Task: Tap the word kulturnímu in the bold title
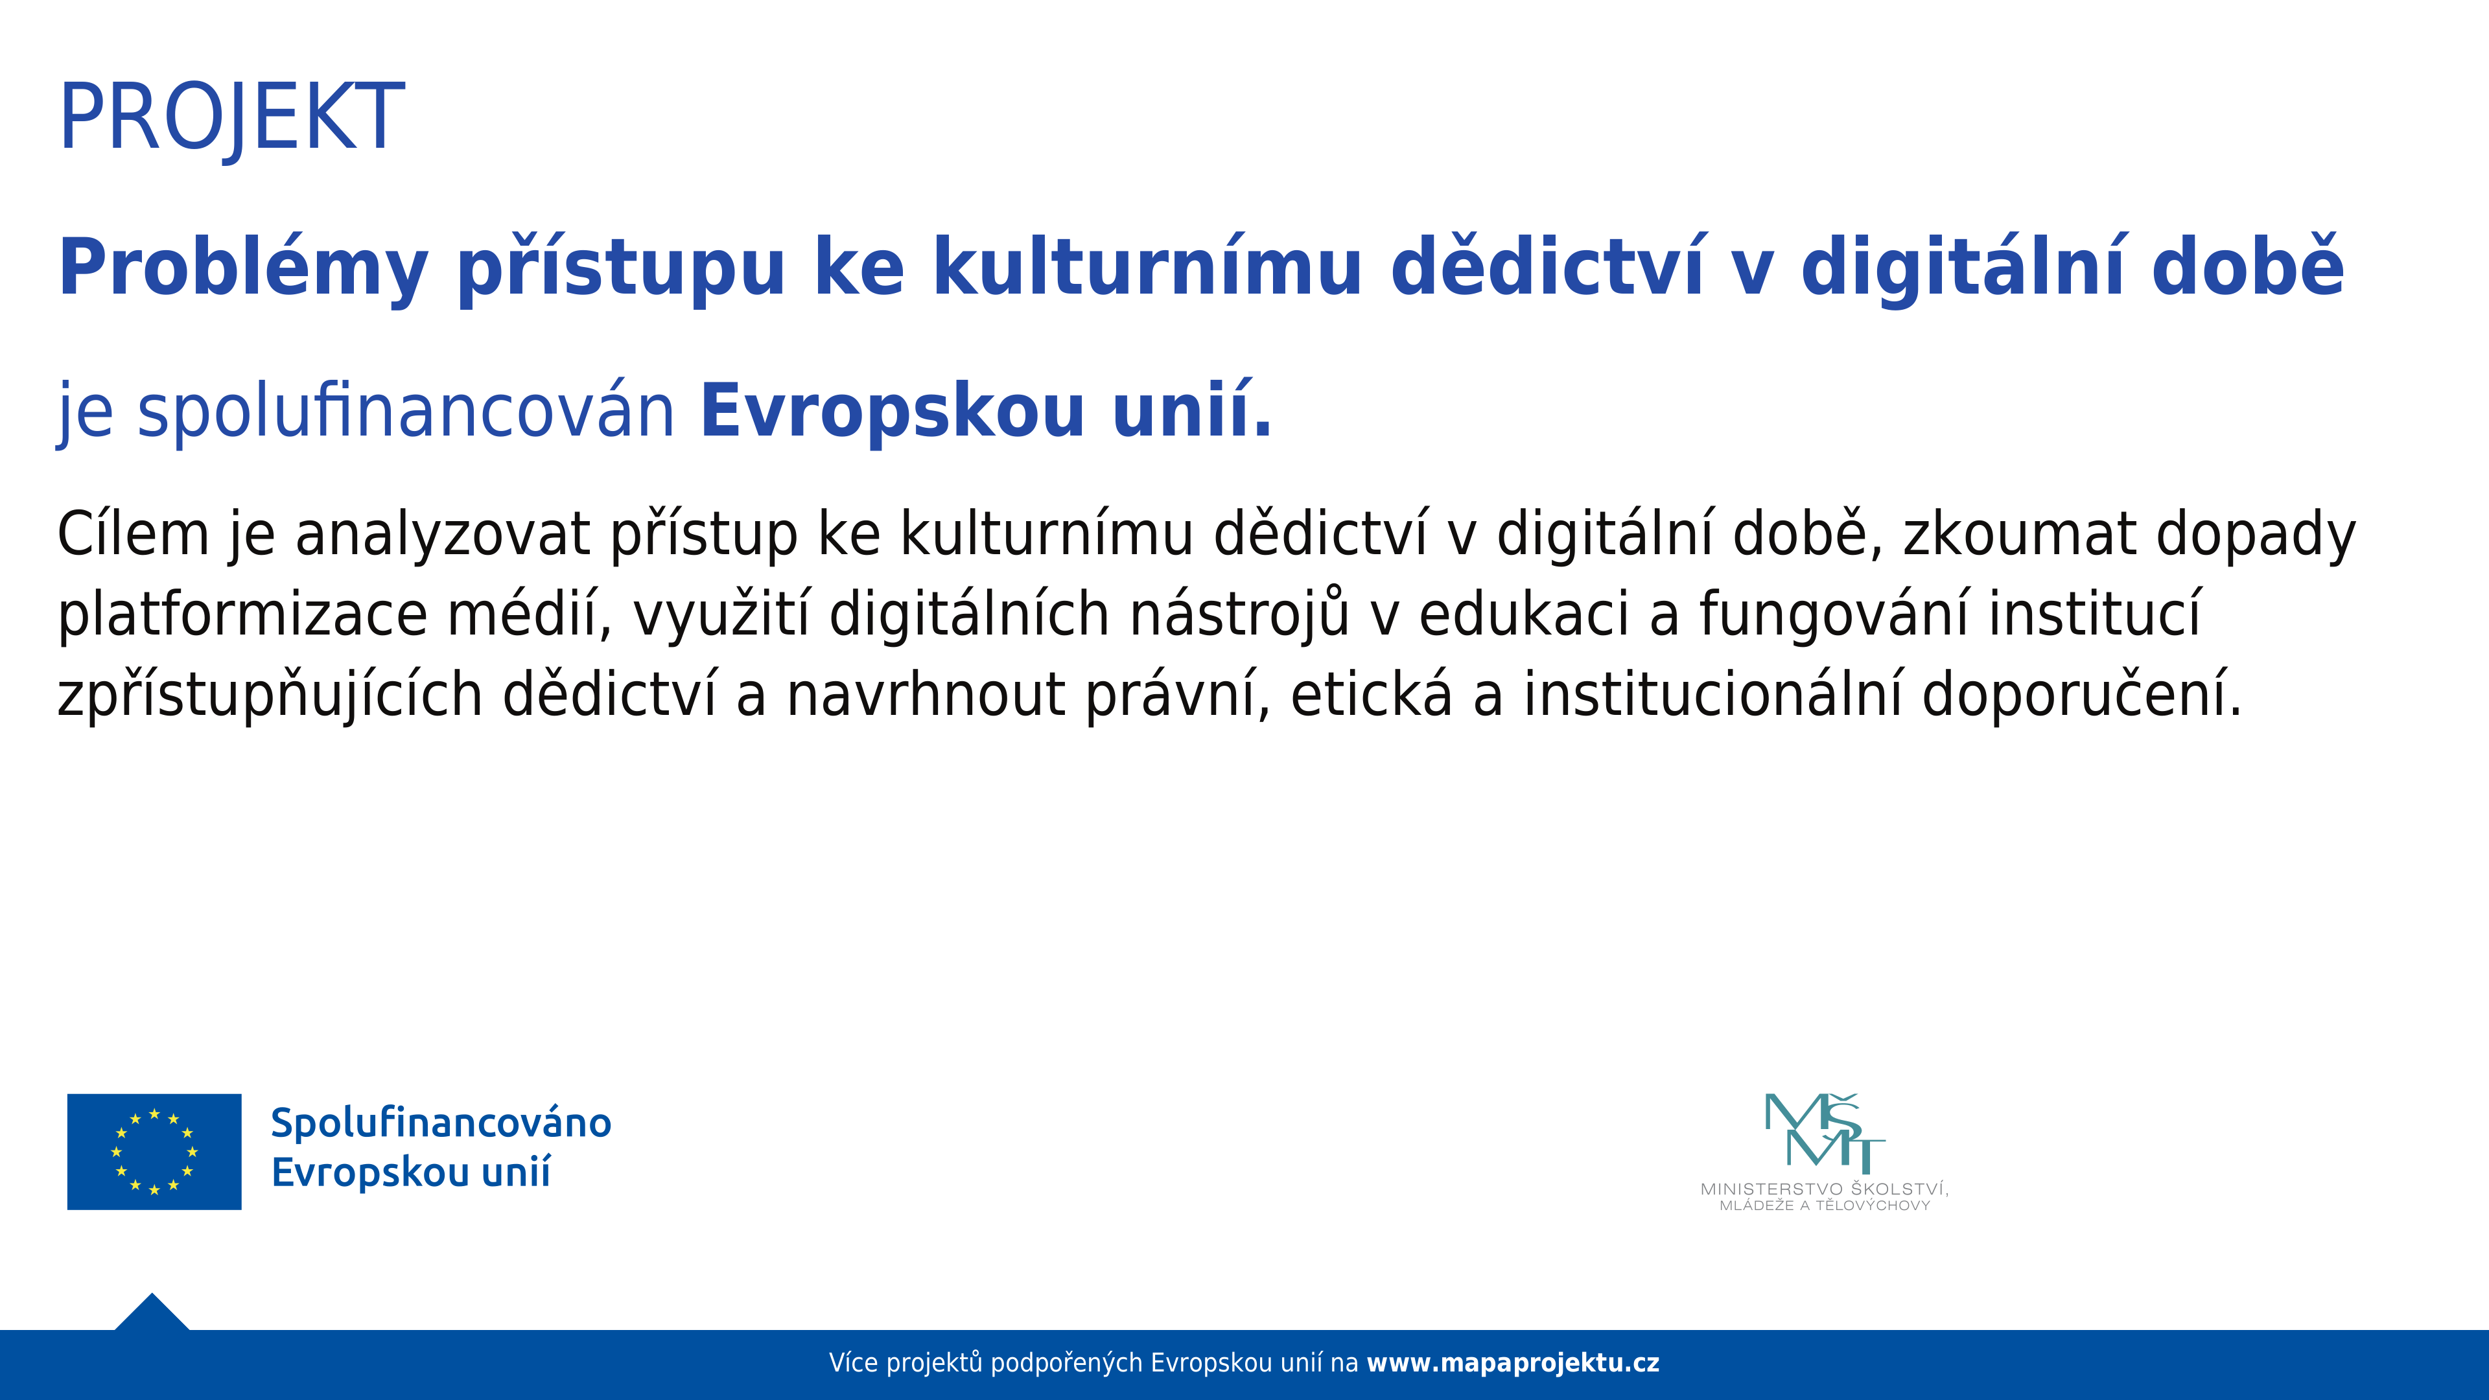1147,266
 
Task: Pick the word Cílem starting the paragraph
134,533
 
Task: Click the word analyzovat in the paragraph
441,533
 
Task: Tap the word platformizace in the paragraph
242,614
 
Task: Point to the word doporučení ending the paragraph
2081,695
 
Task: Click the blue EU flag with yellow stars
155,1152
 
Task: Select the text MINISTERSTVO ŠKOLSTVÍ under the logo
1824,1189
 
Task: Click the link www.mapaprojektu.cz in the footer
1513,1363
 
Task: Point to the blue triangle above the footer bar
152,1312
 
